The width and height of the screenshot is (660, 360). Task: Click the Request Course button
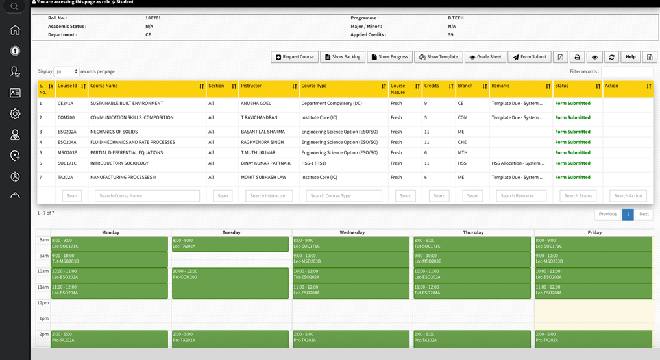point(295,57)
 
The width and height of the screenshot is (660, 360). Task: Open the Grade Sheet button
point(485,57)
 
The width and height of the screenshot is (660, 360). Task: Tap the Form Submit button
point(530,57)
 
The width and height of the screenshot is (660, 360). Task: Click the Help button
point(630,57)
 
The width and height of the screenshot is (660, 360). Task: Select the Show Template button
point(439,57)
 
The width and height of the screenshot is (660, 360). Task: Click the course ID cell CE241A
point(66,104)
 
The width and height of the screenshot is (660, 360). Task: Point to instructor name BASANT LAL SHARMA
point(263,132)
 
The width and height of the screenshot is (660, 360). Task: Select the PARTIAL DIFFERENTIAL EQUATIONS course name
point(127,153)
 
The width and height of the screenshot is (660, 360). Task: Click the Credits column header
point(432,86)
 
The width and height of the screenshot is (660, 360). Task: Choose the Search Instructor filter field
point(269,195)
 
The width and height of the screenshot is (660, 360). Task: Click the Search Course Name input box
point(147,195)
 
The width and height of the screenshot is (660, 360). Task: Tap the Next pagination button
point(644,214)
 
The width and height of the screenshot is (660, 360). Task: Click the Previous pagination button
point(607,214)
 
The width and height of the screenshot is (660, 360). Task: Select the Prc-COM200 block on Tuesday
point(230,283)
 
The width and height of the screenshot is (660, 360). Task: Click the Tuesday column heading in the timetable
point(231,232)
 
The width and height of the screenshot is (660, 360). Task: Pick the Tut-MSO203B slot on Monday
point(109,259)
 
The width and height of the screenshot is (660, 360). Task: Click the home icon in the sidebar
point(15,30)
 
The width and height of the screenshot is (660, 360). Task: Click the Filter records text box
point(627,71)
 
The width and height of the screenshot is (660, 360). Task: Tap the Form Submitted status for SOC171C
point(572,163)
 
